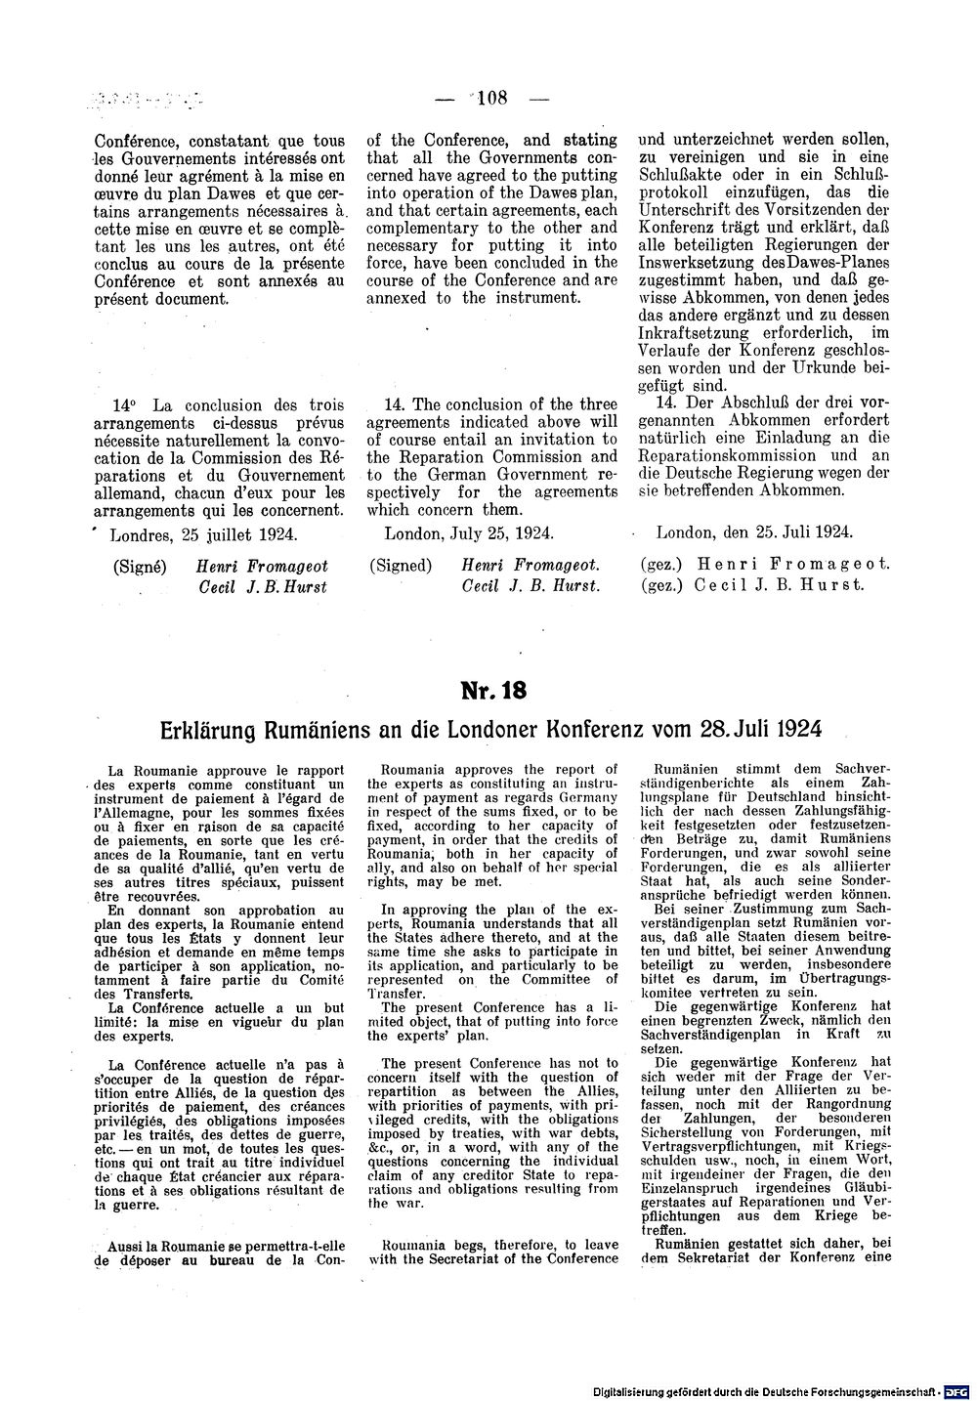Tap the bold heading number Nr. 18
(x=493, y=691)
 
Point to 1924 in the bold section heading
(x=792, y=729)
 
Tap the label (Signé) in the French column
(x=139, y=566)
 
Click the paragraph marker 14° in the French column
(x=124, y=404)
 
